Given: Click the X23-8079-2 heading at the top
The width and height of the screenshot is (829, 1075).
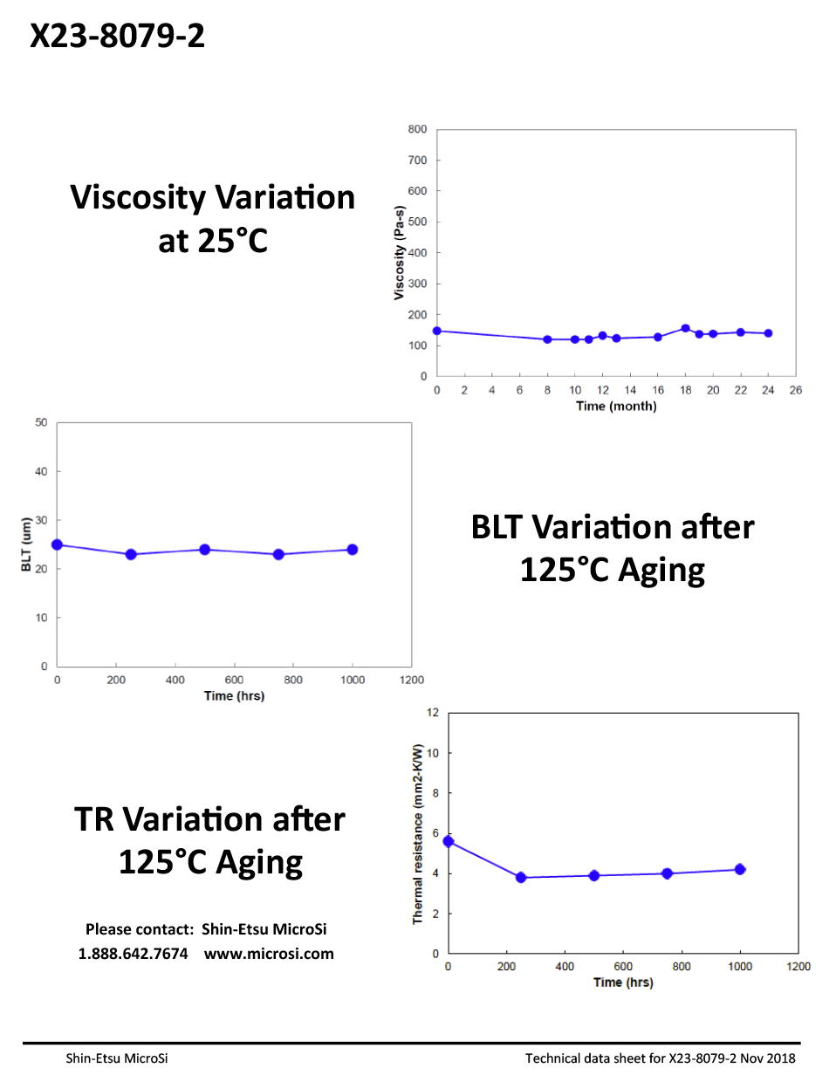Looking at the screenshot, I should click(118, 36).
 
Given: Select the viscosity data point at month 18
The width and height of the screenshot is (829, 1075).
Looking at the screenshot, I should click(685, 329).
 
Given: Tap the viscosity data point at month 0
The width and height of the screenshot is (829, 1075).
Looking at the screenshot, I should click(437, 331).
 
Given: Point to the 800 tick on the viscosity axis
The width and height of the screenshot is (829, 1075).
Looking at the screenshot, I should click(417, 129).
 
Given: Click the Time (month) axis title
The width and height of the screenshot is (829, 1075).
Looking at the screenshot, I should click(616, 407).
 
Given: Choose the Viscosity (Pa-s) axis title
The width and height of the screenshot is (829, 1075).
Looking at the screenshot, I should click(399, 252).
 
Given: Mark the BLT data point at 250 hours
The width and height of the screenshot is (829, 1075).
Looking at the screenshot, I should click(131, 554).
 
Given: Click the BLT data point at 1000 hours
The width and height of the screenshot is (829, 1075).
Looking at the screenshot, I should click(353, 550).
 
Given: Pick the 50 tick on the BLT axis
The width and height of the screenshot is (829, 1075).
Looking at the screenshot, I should click(40, 422).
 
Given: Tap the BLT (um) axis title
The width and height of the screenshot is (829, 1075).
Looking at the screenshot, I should click(25, 544).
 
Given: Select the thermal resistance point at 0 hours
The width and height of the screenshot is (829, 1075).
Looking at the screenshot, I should click(449, 841).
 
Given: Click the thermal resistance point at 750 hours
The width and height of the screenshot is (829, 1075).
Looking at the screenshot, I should click(668, 873).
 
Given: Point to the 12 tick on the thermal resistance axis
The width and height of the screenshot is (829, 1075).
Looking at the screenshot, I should click(431, 712).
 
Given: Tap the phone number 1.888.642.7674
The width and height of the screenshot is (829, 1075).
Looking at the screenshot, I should click(134, 954).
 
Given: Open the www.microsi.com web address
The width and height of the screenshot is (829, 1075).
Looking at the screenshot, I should click(269, 954).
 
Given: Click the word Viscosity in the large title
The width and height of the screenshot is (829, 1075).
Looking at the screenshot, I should click(138, 198).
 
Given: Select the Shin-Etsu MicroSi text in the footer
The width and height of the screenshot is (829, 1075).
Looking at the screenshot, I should click(117, 1058).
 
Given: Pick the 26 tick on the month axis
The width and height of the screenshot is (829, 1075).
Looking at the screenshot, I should click(796, 390).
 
